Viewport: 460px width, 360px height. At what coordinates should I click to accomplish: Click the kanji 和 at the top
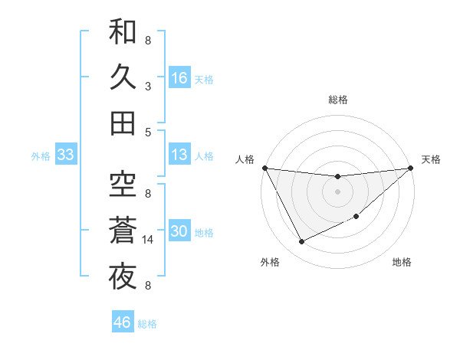123,33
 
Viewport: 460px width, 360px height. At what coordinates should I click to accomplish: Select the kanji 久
123,77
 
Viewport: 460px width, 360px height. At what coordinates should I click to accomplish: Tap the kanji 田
123,123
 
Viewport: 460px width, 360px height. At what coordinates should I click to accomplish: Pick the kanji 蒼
123,230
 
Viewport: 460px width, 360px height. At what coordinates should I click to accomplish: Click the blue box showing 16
179,78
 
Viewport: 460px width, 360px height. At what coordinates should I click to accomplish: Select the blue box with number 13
179,155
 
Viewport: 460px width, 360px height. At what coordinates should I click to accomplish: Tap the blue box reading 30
179,232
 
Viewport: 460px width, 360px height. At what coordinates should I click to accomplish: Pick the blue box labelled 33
65,155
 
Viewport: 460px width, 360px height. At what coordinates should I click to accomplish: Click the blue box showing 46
122,322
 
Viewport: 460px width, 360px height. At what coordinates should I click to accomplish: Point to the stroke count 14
149,240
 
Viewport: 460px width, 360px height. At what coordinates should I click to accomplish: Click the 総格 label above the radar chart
337,100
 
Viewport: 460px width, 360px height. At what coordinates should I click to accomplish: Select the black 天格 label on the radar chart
431,159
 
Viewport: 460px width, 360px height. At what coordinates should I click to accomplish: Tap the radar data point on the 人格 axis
264,167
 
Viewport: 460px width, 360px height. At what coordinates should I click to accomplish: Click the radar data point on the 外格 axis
301,242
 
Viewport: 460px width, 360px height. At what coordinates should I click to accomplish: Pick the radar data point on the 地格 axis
356,217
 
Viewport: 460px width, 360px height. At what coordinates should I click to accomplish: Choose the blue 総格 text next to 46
147,324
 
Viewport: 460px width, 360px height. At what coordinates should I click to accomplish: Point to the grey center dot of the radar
337,191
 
